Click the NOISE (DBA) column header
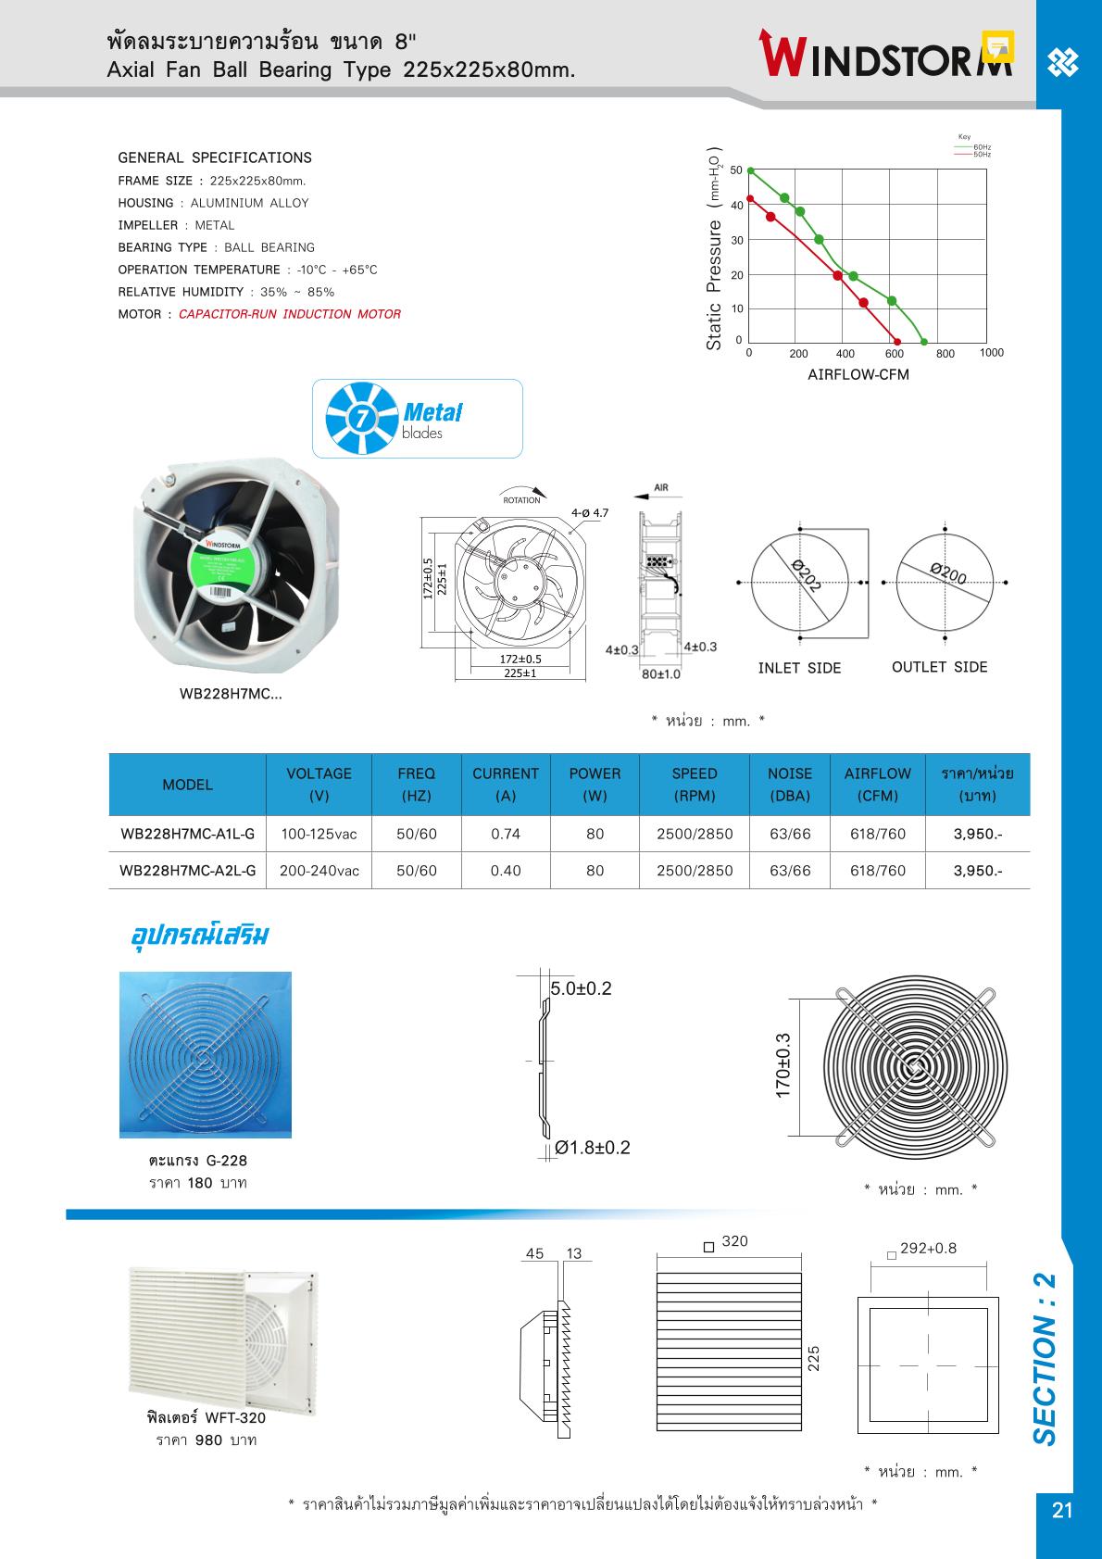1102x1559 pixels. pos(790,785)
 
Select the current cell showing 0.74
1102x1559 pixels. pos(506,834)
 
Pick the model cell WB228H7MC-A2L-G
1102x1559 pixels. pos(188,871)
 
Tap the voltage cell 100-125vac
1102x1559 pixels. pos(319,834)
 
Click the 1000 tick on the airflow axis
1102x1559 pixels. pos(991,353)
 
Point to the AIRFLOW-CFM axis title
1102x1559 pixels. pos(858,375)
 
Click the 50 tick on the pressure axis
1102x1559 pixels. pos(736,170)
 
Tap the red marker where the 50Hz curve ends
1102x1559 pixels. pos(896,342)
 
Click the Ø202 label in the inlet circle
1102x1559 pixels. pos(807,576)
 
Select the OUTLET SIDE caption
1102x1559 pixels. pos(939,667)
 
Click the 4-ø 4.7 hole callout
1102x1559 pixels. pos(590,512)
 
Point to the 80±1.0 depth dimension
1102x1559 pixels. pos(661,673)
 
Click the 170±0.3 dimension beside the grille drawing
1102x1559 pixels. pos(783,1066)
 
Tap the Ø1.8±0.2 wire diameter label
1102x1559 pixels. pos(593,1148)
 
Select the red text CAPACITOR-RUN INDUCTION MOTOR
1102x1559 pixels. pos(290,314)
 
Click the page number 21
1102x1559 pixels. pos(1062,1510)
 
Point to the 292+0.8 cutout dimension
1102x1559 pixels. pos(928,1249)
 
